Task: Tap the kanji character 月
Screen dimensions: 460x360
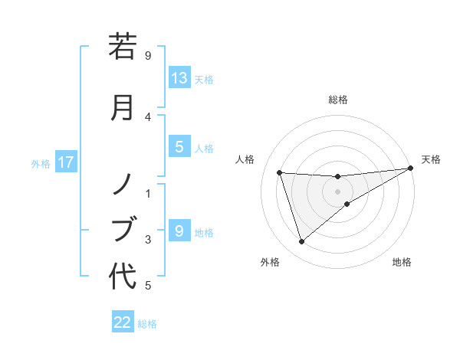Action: coord(123,106)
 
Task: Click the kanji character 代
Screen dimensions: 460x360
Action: coord(123,276)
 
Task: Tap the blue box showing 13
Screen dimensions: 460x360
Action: coord(179,77)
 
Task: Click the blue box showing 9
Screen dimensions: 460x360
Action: coord(179,231)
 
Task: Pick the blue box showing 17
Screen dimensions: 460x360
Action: coord(66,162)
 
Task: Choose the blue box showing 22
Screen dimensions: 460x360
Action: coord(123,322)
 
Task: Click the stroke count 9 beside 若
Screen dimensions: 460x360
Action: coord(148,55)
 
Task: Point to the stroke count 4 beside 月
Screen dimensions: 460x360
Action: coord(148,116)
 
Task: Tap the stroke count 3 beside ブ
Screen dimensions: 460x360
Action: coord(148,240)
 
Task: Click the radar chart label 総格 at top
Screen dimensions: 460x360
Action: coord(338,100)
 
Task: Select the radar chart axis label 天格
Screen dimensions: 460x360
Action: coord(431,159)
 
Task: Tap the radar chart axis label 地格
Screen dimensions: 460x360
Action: coord(402,262)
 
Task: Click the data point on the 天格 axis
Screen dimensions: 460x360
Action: coord(411,169)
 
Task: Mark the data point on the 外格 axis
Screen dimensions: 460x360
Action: coord(301,242)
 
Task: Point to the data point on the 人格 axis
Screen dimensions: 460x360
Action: coord(280,173)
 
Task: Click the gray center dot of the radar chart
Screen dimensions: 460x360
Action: coord(338,191)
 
